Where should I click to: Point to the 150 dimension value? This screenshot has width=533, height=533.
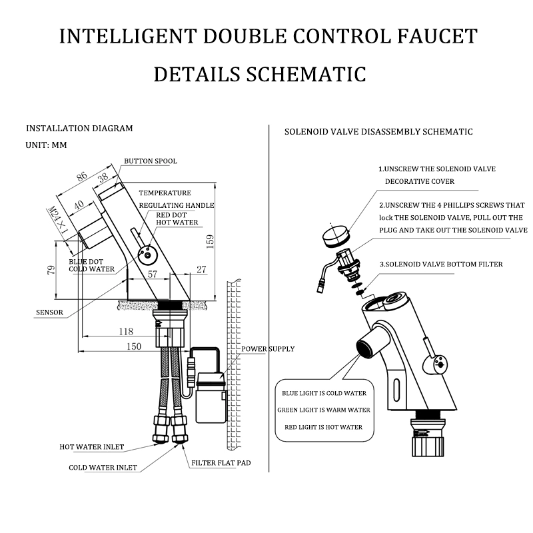[x=135, y=346]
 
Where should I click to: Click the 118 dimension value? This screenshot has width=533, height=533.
[x=126, y=331]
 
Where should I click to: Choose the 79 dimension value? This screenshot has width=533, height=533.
[x=50, y=269]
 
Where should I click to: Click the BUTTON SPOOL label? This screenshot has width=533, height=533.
[x=151, y=161]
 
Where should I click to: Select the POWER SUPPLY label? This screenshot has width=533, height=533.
[x=268, y=348]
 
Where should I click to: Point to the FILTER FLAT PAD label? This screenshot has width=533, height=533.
[x=221, y=462]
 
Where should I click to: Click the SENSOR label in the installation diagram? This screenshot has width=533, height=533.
[x=50, y=312]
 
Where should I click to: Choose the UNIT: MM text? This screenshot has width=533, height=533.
[x=46, y=144]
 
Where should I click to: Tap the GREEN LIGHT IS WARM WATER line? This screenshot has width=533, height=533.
[x=324, y=410]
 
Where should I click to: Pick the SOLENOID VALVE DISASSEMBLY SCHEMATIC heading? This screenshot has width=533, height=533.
[x=378, y=131]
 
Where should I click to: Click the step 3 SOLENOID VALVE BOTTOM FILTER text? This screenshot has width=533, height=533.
[x=441, y=264]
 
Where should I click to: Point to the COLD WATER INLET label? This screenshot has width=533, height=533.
[x=103, y=467]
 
